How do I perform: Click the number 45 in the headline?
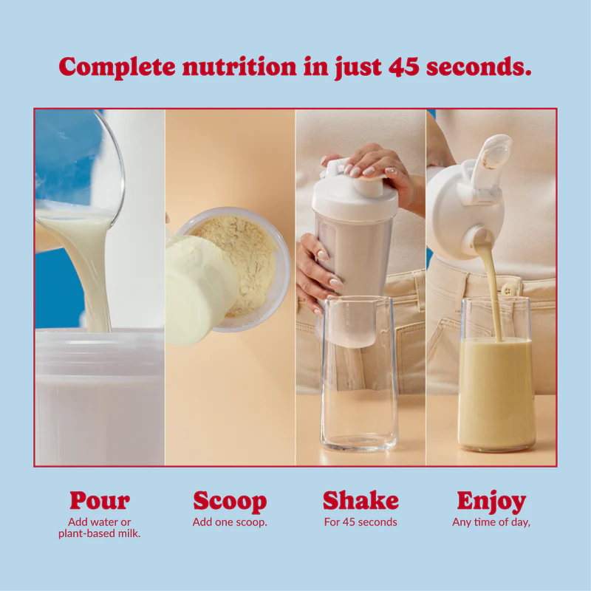[x=403, y=66]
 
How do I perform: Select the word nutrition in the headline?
[x=239, y=66]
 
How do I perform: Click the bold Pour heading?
[x=100, y=501]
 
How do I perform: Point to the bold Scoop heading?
[x=230, y=502]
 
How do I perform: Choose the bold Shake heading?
[x=361, y=500]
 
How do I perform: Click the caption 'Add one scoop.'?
[x=230, y=522]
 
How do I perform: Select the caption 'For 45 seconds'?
[x=361, y=522]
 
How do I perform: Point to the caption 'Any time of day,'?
[x=491, y=522]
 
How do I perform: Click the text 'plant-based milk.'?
[x=100, y=533]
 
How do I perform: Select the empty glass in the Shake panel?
[x=359, y=374]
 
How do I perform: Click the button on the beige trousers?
[x=509, y=290]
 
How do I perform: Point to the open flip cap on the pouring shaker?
[x=489, y=159]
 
